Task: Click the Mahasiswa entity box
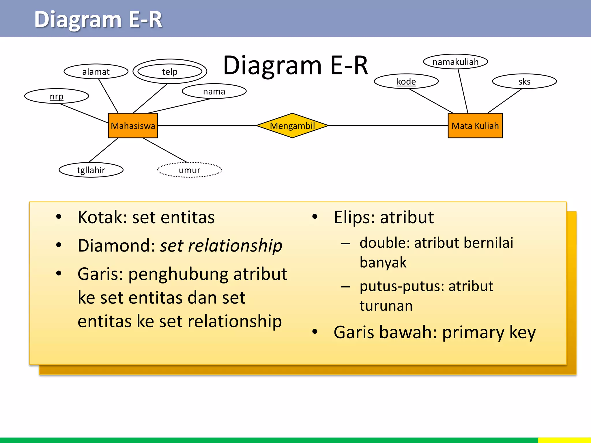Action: click(x=133, y=126)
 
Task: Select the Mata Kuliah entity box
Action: click(x=475, y=126)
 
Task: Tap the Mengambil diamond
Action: click(x=292, y=126)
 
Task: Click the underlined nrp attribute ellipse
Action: click(x=57, y=96)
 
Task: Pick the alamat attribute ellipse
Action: click(x=96, y=72)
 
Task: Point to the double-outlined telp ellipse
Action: click(x=170, y=72)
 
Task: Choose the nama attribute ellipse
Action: click(x=214, y=91)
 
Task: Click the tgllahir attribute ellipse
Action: click(x=91, y=170)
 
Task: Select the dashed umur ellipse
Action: click(x=189, y=170)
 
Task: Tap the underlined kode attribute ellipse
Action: click(x=406, y=81)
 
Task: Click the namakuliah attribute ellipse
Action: click(x=455, y=62)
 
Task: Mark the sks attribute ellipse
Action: click(x=524, y=81)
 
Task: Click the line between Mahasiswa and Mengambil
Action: click(x=207, y=125)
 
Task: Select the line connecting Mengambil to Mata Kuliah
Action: click(x=388, y=125)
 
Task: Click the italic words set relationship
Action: click(x=221, y=246)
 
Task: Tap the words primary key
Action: click(x=489, y=332)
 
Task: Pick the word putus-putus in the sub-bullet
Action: click(x=402, y=286)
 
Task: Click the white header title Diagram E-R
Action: click(x=98, y=20)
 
